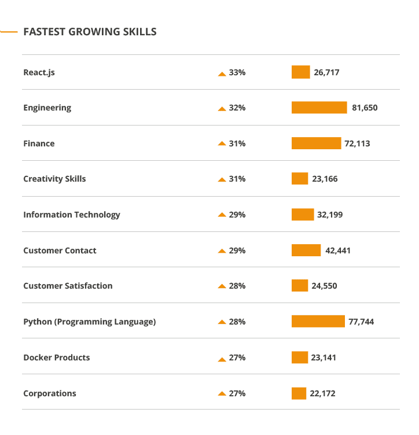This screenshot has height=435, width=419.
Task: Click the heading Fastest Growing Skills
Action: click(x=90, y=31)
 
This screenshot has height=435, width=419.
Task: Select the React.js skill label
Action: click(x=39, y=72)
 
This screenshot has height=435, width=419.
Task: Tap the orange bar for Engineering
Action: click(x=319, y=108)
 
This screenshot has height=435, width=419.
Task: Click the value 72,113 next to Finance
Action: click(x=357, y=143)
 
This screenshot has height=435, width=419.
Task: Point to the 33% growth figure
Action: click(x=237, y=72)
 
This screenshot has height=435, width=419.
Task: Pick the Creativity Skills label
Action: click(x=54, y=179)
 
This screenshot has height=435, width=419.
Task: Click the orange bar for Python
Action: click(x=318, y=322)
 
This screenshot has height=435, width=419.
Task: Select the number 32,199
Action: click(x=330, y=215)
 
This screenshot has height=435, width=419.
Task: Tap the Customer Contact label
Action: click(x=60, y=250)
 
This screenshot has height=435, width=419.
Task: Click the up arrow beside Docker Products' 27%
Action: click(x=222, y=359)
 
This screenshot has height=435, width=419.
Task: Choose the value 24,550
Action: click(x=324, y=286)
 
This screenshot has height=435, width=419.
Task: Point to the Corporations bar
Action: click(x=299, y=393)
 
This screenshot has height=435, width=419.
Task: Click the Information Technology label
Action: click(x=72, y=215)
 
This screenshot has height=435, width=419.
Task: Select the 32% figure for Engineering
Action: click(x=237, y=108)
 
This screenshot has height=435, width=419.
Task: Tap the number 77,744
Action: click(x=361, y=322)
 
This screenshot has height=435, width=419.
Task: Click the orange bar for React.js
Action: click(x=300, y=72)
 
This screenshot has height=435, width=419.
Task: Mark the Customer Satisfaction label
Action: click(x=68, y=286)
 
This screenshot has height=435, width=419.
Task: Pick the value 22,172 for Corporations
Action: click(x=322, y=393)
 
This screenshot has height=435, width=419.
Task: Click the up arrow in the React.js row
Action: click(x=222, y=73)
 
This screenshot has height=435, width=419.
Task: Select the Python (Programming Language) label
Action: click(x=89, y=322)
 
